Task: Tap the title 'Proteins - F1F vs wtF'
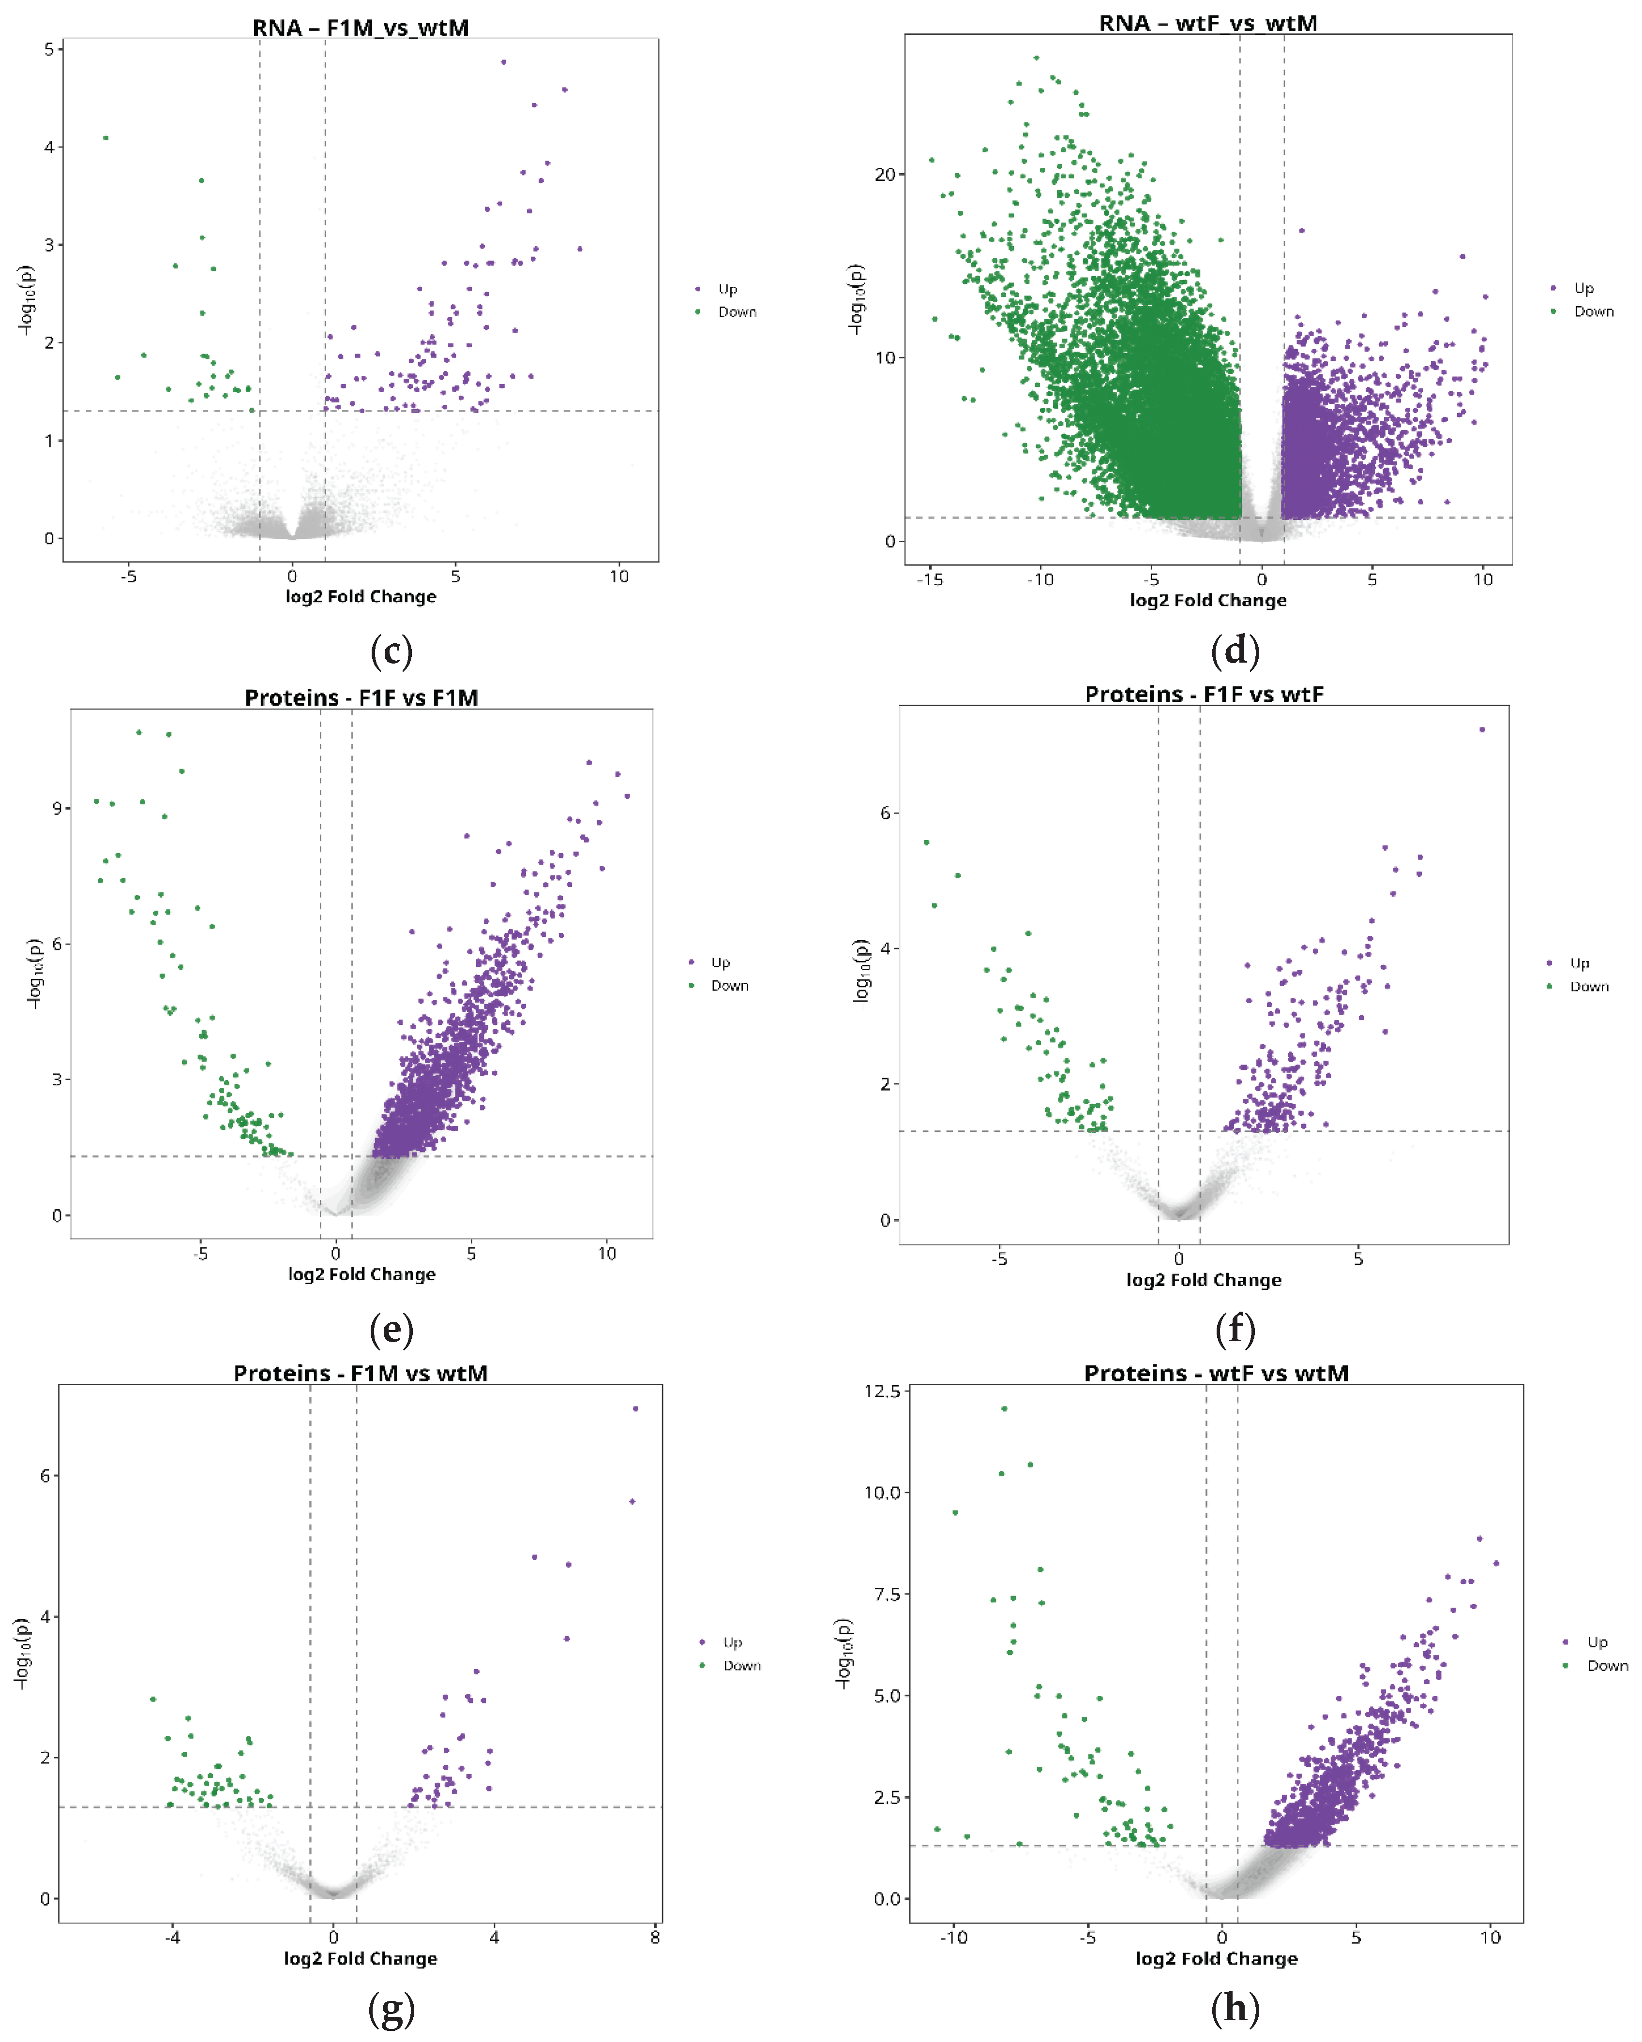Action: (x=1204, y=694)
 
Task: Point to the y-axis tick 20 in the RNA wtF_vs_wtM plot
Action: (x=885, y=174)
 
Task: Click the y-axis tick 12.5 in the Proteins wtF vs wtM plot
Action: (x=882, y=1391)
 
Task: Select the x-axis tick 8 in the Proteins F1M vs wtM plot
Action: (x=655, y=1937)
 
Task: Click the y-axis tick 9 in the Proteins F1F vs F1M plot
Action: (x=58, y=808)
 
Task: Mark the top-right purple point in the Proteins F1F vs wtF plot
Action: (x=1482, y=729)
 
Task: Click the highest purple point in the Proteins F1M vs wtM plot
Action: (x=635, y=1408)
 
